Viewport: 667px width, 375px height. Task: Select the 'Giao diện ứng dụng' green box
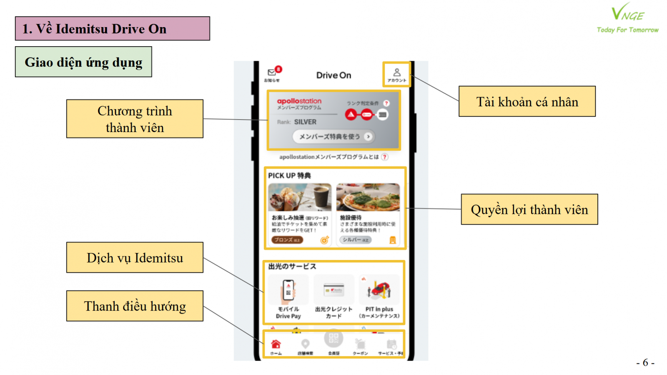83,62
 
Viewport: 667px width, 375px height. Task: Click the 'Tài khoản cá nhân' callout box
527,102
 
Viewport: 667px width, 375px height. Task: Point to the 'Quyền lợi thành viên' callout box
529,210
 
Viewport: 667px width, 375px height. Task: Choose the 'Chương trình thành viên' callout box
135,119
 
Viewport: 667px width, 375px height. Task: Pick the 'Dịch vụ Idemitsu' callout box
135,258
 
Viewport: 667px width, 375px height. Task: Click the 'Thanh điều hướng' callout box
135,306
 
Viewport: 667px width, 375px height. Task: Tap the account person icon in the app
396,73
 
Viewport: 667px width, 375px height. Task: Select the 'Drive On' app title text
333,75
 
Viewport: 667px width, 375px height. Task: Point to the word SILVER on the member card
305,122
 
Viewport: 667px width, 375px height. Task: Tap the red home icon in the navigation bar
276,344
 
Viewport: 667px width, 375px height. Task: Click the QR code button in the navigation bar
333,338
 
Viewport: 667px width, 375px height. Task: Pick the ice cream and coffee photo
300,197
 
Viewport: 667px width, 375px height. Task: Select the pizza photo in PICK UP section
368,197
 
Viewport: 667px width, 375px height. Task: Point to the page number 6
645,362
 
